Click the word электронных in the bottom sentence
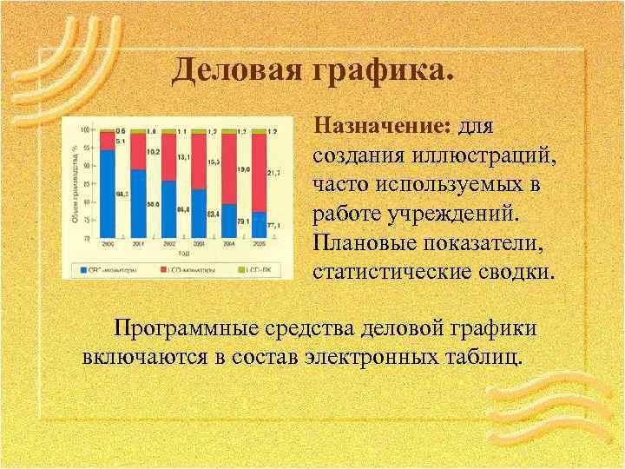pyautogui.click(x=376, y=357)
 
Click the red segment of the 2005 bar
pyautogui.click(x=259, y=173)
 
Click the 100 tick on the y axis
pyautogui.click(x=84, y=130)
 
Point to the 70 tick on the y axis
pyautogui.click(x=86, y=237)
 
